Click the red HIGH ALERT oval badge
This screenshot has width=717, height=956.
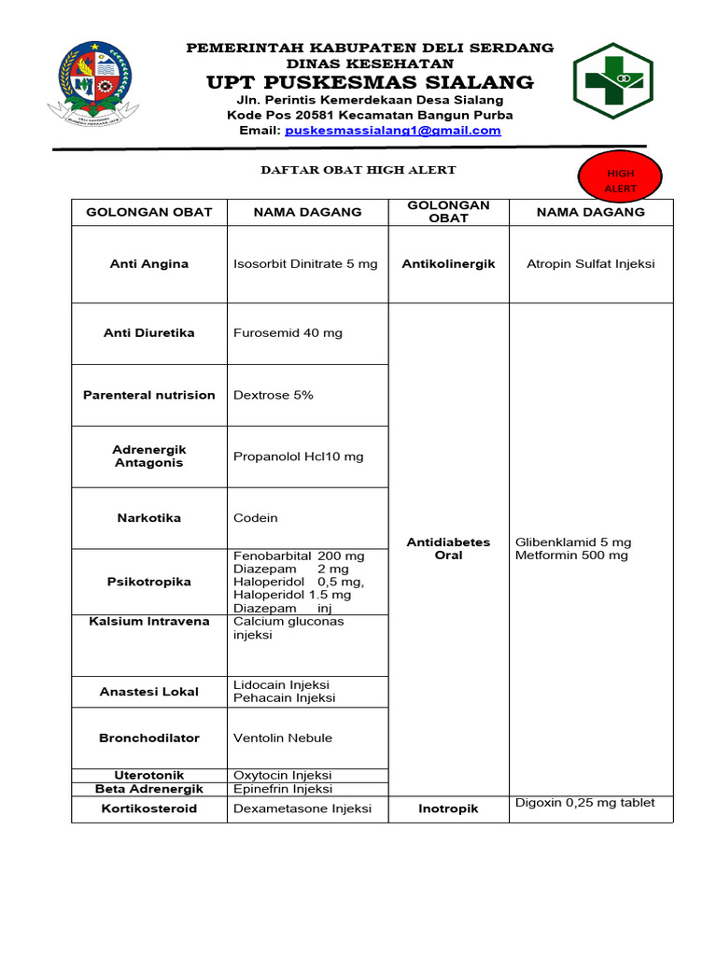[621, 181]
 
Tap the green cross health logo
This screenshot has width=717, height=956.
[612, 79]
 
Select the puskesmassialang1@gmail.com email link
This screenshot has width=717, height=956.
[392, 131]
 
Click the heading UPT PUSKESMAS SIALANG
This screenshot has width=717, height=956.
[370, 82]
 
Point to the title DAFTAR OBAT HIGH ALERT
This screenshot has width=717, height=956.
[358, 170]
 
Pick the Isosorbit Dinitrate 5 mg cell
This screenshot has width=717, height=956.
[305, 264]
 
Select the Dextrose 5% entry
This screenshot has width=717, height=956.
[274, 395]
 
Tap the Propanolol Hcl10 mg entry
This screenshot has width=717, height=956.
[299, 457]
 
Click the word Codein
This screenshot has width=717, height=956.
[256, 518]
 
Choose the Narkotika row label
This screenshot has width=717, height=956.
[149, 518]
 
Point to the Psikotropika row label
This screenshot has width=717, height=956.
[149, 582]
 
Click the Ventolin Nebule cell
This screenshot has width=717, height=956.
[283, 738]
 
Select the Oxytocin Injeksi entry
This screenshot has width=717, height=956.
[283, 776]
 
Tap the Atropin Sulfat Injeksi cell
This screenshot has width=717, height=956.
[591, 264]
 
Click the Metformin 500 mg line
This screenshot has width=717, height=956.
[571, 555]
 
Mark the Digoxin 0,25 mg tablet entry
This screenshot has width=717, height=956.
[585, 803]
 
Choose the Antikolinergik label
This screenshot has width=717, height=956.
[448, 264]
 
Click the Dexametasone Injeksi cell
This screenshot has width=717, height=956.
[302, 808]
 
